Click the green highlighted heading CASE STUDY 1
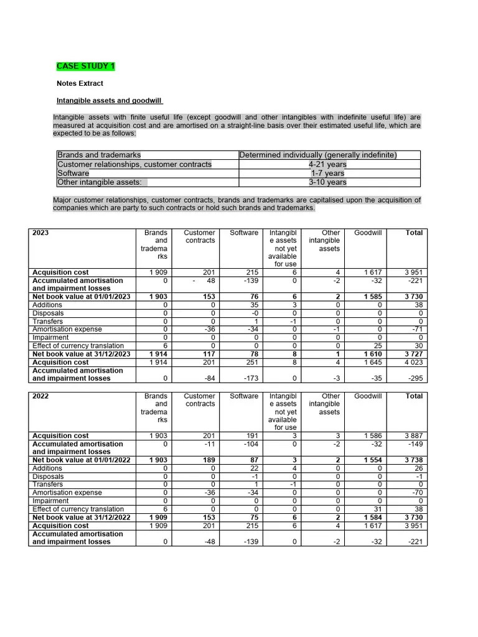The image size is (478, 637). (85, 66)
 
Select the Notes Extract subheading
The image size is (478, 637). (80, 83)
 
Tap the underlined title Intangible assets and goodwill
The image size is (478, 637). (110, 101)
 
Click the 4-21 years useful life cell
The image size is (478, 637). (327, 164)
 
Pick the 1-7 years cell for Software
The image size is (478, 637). (327, 174)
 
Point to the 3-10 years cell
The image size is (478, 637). (327, 182)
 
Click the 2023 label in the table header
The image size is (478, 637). (40, 233)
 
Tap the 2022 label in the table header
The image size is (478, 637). (40, 396)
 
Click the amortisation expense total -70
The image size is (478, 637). (416, 493)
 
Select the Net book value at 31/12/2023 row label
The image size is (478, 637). (81, 354)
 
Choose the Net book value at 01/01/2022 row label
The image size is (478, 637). (81, 460)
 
